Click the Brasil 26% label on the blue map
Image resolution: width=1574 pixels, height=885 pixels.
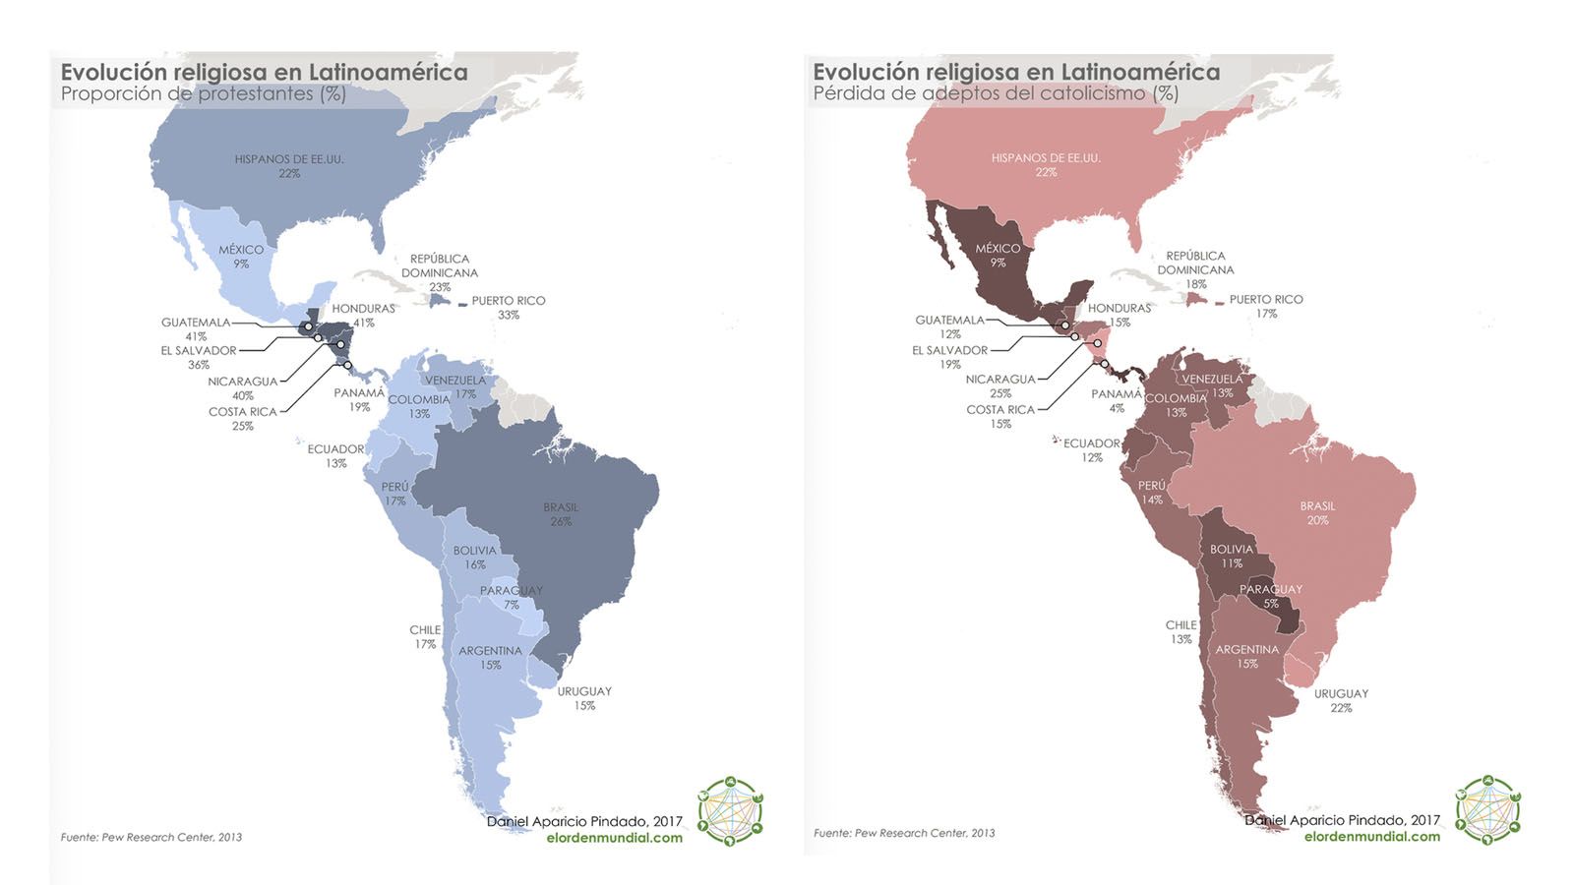click(x=561, y=514)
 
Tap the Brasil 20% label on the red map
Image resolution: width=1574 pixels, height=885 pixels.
click(x=1317, y=512)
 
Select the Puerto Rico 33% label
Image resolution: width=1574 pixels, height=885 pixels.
click(x=508, y=307)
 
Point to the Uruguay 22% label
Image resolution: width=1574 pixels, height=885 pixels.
click(x=1341, y=700)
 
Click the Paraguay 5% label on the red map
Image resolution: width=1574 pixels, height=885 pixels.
click(x=1271, y=596)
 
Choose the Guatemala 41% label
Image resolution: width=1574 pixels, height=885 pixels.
click(x=196, y=328)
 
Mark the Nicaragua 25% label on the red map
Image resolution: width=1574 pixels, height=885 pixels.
click(x=1000, y=385)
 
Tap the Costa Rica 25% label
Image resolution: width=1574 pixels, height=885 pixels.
click(x=243, y=418)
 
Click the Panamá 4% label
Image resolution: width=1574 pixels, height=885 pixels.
click(x=1117, y=400)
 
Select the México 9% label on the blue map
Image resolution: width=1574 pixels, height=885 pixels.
click(x=241, y=256)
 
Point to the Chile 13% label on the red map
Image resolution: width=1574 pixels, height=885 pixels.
click(x=1181, y=631)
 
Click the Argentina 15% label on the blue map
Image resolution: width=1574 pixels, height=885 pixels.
click(x=490, y=657)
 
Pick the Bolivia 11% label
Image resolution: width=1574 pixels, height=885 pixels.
click(x=1232, y=556)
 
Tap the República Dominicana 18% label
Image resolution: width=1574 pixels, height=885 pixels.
click(x=1195, y=269)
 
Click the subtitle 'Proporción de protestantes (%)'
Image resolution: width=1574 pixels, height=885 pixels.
click(x=203, y=94)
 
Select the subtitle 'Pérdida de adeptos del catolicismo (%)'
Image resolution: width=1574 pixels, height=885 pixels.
click(x=995, y=93)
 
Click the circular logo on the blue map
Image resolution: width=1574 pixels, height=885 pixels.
click(x=730, y=811)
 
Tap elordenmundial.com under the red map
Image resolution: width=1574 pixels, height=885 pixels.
click(x=1371, y=837)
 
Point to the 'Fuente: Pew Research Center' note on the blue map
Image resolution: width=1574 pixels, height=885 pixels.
click(x=151, y=837)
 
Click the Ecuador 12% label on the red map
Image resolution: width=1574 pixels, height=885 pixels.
click(x=1091, y=449)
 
